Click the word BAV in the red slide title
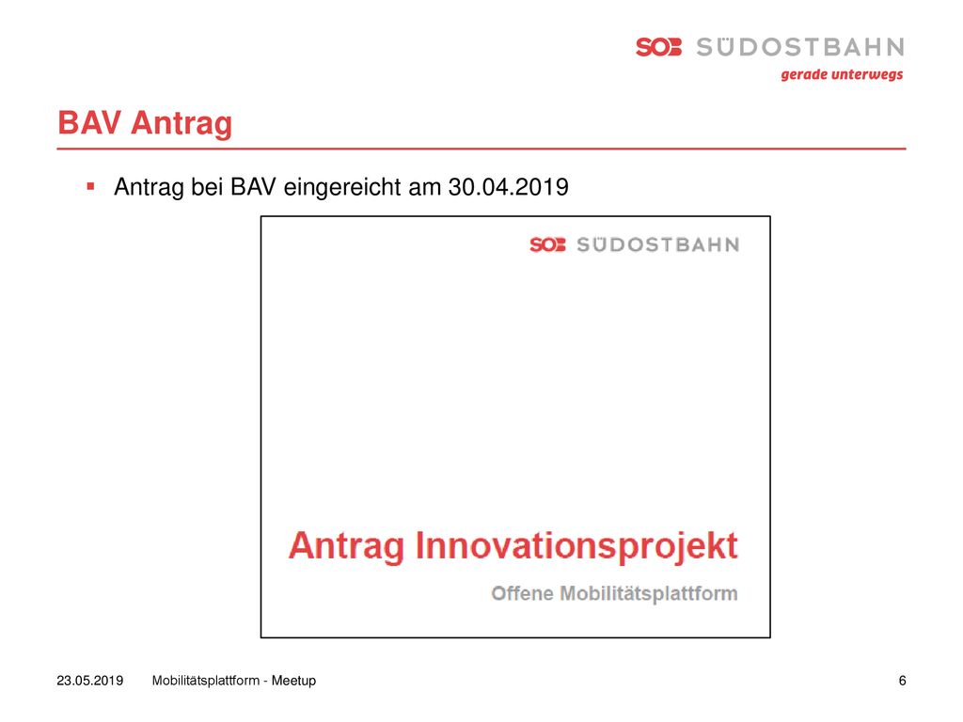(88, 122)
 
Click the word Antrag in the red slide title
(182, 124)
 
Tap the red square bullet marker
(91, 186)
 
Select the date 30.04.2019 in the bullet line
(509, 187)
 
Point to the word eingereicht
(341, 187)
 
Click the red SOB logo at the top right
(658, 47)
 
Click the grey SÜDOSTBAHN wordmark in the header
(799, 47)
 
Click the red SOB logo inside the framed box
(547, 245)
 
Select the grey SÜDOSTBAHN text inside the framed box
(657, 245)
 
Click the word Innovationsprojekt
(576, 546)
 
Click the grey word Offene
(522, 594)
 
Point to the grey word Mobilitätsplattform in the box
(649, 594)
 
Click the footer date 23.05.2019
(89, 681)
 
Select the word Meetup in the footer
(293, 681)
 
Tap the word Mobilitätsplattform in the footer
(206, 681)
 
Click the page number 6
(902, 681)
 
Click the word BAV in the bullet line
(253, 187)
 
